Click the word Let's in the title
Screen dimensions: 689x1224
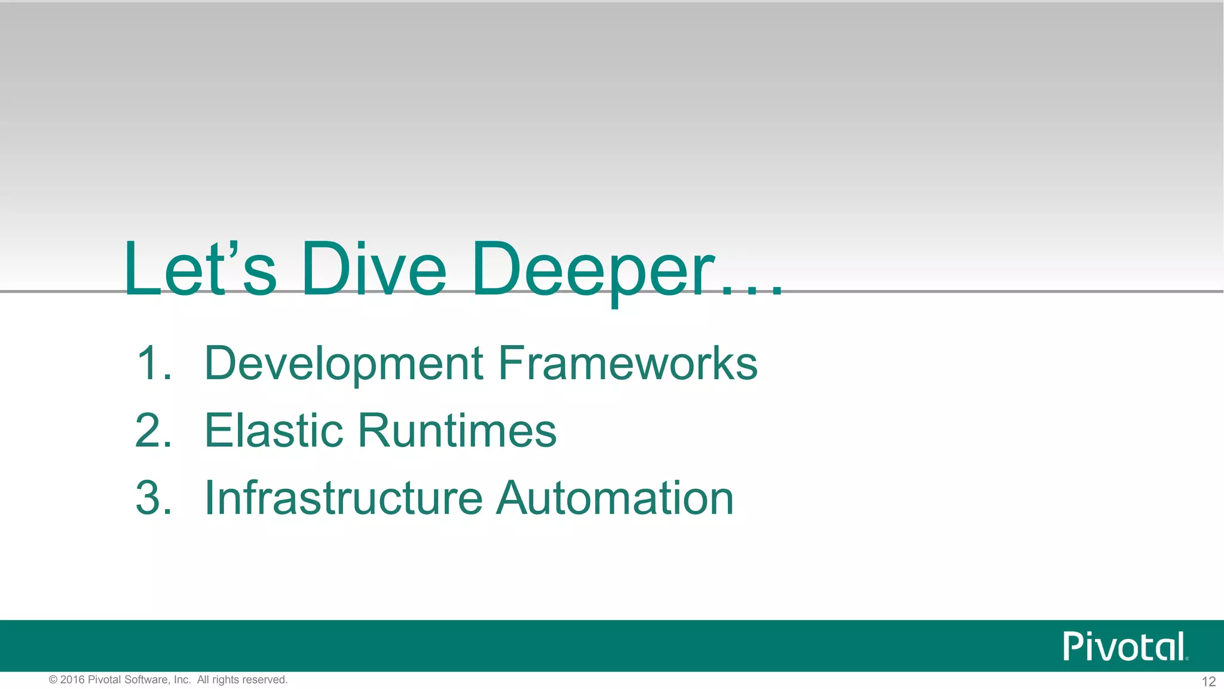[200, 269]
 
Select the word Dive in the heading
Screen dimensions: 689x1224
[374, 269]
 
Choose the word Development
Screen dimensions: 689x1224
[344, 364]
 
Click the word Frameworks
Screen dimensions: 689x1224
[628, 363]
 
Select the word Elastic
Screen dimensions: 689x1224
[274, 431]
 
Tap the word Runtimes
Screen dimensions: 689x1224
[457, 431]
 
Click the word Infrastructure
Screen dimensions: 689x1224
[344, 498]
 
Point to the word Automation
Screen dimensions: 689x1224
[615, 498]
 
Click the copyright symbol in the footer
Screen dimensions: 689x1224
[53, 680]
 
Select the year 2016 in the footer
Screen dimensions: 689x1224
[72, 680]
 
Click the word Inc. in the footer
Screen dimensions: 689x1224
[182, 680]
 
